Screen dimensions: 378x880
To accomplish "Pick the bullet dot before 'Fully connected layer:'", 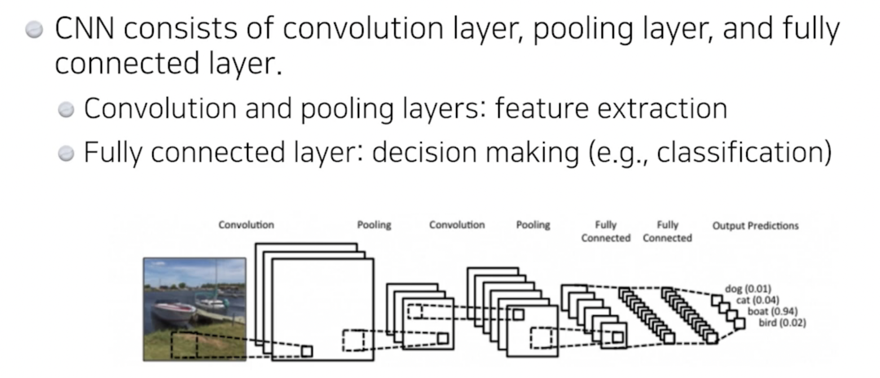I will pos(67,153).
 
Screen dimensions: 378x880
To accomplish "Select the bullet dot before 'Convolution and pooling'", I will pos(67,109).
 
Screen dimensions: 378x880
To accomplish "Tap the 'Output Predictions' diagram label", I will pos(755,226).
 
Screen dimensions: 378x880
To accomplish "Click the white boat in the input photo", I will pos(174,310).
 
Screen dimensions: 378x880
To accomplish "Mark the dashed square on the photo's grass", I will pos(184,345).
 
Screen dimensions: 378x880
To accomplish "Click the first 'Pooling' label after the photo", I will pos(373,225).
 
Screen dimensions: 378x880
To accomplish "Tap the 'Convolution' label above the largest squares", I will pos(246,225).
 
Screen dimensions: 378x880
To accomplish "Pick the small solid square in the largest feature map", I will pos(306,351).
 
